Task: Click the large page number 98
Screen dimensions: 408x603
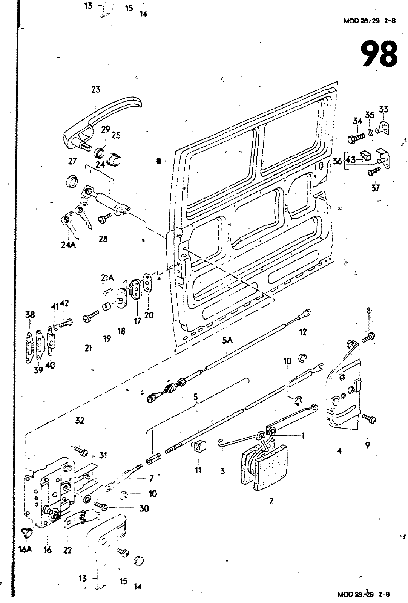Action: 379,54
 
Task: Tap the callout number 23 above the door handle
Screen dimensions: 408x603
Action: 96,89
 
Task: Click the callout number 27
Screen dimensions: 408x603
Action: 72,161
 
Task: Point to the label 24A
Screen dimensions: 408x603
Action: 68,245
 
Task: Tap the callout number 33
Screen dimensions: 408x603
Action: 384,109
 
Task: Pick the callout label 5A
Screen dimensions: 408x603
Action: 227,341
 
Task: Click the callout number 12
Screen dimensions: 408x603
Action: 303,332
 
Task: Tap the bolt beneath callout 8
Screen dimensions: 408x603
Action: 369,338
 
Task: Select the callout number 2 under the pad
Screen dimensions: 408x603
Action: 271,501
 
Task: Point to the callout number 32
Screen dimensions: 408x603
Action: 80,420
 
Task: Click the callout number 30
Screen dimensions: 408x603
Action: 144,508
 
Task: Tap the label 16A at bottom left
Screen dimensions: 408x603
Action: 25,550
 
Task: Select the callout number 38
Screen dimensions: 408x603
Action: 30,314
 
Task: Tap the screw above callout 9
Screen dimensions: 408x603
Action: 369,418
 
